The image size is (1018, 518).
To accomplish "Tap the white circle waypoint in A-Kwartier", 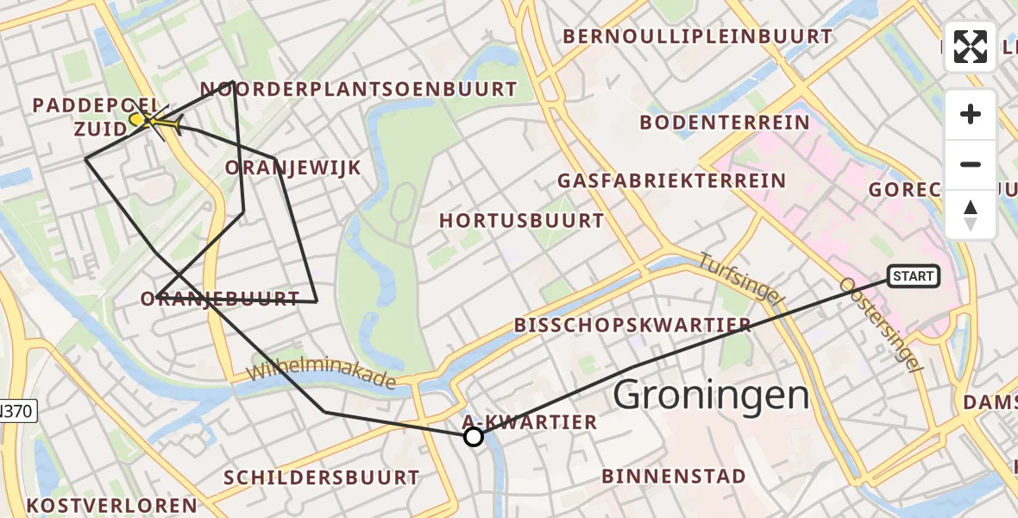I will (x=474, y=437).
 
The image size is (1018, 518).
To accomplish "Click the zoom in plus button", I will (x=971, y=114).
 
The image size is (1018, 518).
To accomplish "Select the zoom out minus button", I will (x=971, y=164).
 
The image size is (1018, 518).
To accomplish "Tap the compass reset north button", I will (x=971, y=214).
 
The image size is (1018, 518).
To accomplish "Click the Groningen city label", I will (x=711, y=396).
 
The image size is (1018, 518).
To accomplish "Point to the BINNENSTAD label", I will (x=674, y=476).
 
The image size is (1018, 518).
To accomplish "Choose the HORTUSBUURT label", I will (x=522, y=221).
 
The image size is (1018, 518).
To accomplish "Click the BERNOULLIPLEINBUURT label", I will (x=698, y=36).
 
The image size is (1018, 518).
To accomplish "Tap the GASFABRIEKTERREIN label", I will (x=672, y=181).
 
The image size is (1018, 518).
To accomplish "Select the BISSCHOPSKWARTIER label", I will (x=632, y=325).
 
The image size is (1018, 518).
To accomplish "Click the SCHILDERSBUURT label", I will (x=322, y=477).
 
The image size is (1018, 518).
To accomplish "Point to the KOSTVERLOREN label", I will (x=111, y=505).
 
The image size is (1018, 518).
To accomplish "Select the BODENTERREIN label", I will (x=725, y=122).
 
